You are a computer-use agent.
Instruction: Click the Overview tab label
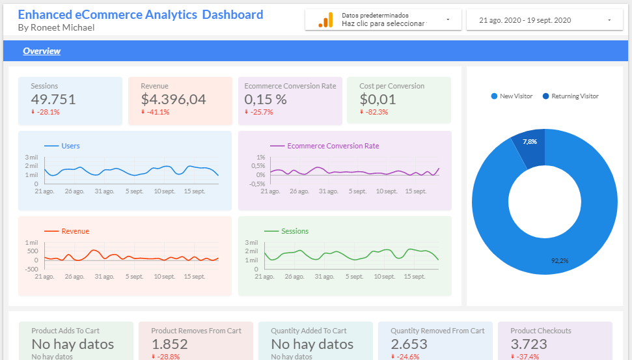[42, 51]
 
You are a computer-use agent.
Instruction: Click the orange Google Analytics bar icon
[325, 20]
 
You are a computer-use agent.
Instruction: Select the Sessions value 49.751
[53, 100]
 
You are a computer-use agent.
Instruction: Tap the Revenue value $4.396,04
[173, 100]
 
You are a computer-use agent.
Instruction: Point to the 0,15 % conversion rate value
[266, 100]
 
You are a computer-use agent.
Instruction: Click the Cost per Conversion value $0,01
[378, 100]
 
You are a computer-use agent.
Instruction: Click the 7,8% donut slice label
[530, 141]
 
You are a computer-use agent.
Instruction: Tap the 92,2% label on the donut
[559, 260]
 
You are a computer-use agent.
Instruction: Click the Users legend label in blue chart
[70, 146]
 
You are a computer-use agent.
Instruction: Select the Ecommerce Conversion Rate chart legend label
[333, 146]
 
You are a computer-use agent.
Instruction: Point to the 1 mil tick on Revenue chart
[32, 243]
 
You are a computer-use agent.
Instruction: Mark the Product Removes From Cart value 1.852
[169, 344]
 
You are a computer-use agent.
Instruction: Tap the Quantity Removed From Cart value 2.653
[409, 344]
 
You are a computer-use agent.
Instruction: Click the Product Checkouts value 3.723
[529, 344]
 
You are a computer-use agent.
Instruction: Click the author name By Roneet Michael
[56, 27]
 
